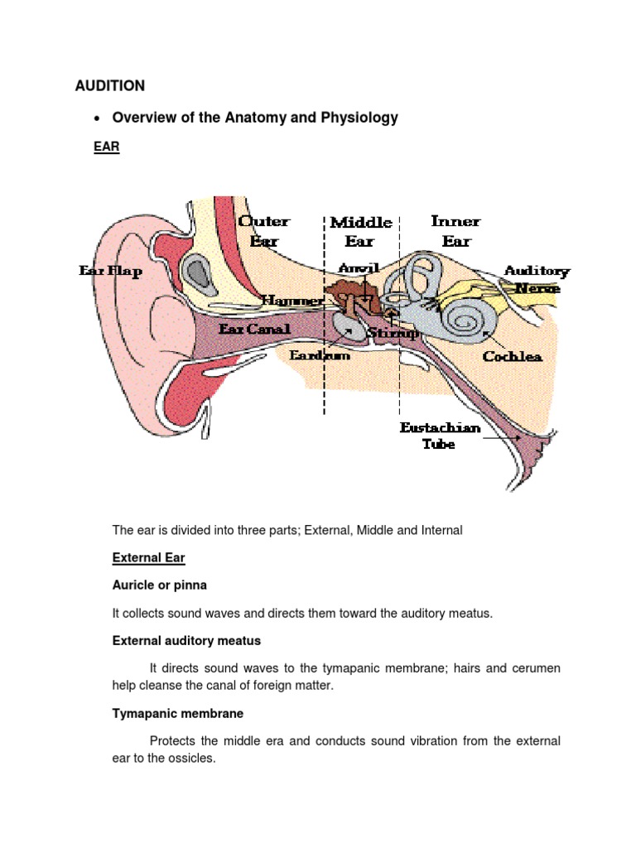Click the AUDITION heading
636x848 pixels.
click(110, 85)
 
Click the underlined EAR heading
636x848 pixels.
click(108, 148)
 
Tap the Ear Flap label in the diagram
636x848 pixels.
click(110, 271)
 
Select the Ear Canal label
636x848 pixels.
click(254, 329)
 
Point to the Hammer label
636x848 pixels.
click(292, 301)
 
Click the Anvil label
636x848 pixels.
click(359, 268)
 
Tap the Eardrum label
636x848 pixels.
click(319, 355)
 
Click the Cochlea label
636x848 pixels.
click(513, 356)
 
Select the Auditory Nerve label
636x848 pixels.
click(537, 279)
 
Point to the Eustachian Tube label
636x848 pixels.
click(439, 436)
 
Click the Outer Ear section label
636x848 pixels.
click(264, 231)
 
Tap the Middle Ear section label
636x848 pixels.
click(361, 232)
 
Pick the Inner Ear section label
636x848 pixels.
click(455, 231)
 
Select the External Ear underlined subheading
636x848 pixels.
click(148, 558)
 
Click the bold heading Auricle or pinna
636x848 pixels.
click(159, 585)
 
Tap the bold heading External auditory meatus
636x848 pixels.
click(186, 640)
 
